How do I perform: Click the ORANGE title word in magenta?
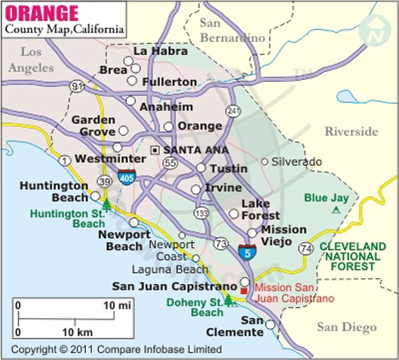click(x=41, y=13)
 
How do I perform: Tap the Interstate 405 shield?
click(x=125, y=176)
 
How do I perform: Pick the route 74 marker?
click(x=306, y=249)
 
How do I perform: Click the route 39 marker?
click(x=105, y=182)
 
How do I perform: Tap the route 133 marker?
click(x=199, y=212)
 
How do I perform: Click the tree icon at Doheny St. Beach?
click(x=229, y=300)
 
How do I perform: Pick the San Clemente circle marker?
click(x=270, y=325)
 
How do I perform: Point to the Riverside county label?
click(x=351, y=132)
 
